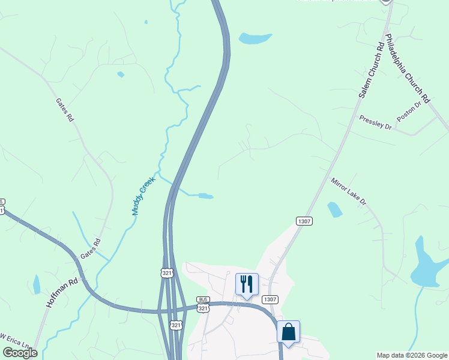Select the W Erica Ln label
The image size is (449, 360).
pyautogui.click(x=14, y=340)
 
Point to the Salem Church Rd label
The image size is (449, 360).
pyautogui.click(x=371, y=71)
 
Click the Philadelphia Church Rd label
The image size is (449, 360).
pyautogui.click(x=408, y=67)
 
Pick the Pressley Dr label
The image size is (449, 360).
pyautogui.click(x=375, y=123)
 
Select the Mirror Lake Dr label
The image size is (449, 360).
pyautogui.click(x=348, y=191)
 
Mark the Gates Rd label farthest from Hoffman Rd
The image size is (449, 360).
pyautogui.click(x=64, y=110)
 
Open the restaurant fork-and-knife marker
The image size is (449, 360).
pyautogui.click(x=246, y=284)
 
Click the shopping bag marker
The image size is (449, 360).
pyautogui.click(x=288, y=331)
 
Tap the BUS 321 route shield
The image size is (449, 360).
pyautogui.click(x=203, y=304)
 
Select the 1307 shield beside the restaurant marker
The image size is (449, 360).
pyautogui.click(x=270, y=299)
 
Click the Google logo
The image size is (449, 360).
pyautogui.click(x=20, y=352)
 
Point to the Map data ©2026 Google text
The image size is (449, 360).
pyautogui.click(x=411, y=355)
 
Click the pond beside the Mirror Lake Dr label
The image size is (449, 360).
pyautogui.click(x=335, y=209)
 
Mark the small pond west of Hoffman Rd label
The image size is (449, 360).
pyautogui.click(x=37, y=284)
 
